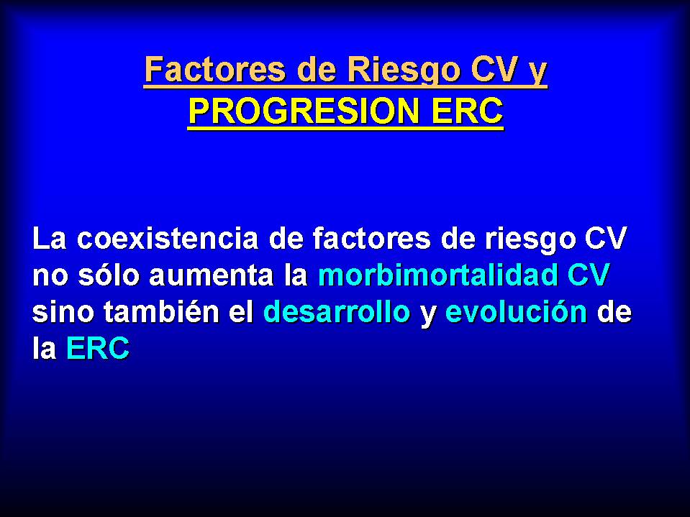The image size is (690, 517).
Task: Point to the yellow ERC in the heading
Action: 467,111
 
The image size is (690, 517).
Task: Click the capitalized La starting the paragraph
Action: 49,239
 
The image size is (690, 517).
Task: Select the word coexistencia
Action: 168,239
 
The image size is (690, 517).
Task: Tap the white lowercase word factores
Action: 371,239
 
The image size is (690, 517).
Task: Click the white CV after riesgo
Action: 605,239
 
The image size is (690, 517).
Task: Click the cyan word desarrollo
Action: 337,312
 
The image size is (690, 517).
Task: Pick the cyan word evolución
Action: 516,312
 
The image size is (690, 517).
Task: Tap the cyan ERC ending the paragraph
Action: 98,349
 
